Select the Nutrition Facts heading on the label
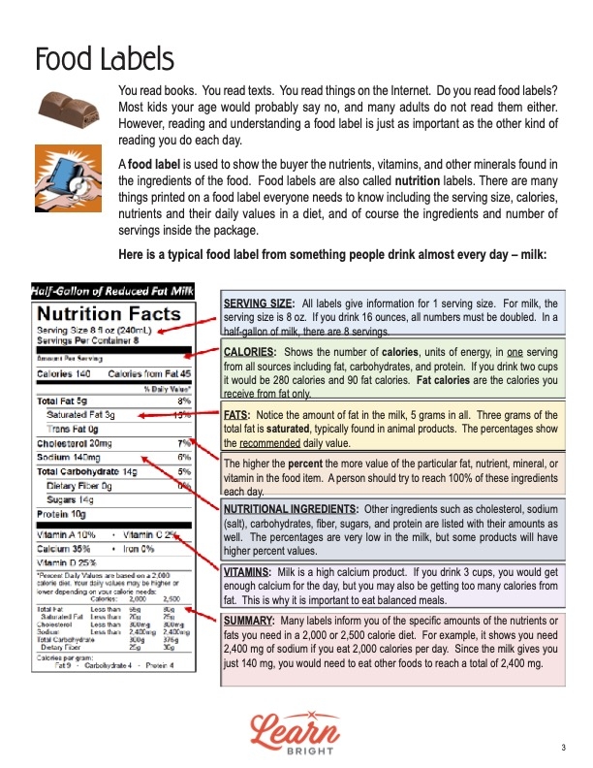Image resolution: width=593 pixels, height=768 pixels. tap(109, 313)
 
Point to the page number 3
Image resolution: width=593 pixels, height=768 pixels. tap(562, 747)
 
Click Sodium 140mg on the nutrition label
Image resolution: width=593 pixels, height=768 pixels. tap(69, 456)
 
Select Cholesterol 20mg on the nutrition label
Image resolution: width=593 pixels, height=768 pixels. tap(75, 441)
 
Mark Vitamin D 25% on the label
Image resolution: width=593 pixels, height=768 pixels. tap(68, 562)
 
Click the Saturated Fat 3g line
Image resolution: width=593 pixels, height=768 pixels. tap(81, 414)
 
